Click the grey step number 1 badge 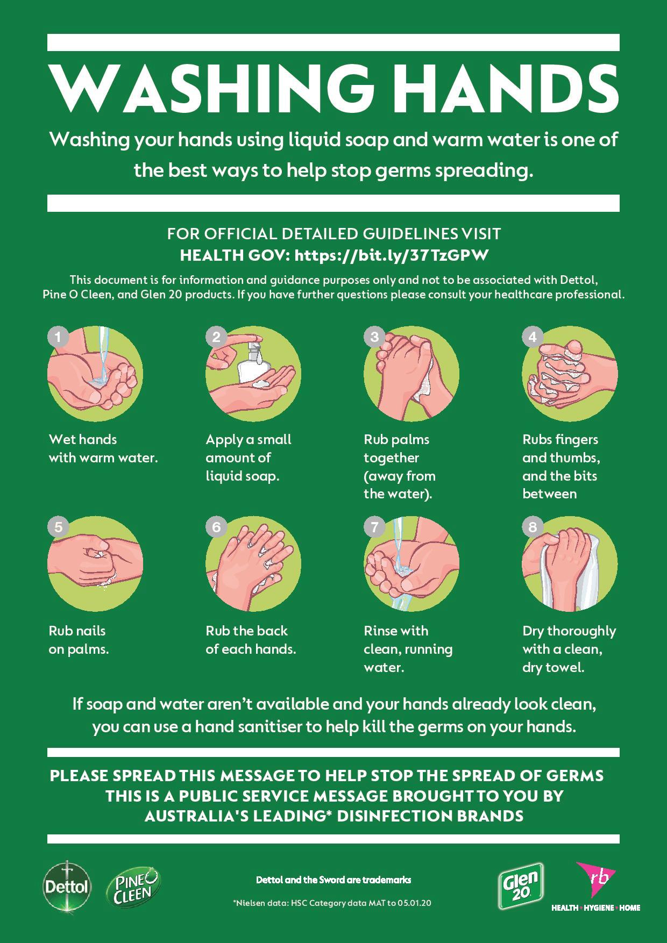pos(58,337)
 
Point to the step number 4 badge pos(532,337)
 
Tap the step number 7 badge pos(374,527)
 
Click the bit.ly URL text pos(392,255)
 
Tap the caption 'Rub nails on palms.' pos(79,640)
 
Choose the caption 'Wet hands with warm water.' pos(103,448)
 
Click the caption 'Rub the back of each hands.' pos(251,640)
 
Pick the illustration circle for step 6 pos(253,566)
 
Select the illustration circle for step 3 pos(411,374)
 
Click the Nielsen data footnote pos(331,903)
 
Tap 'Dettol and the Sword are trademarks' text pos(334,880)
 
